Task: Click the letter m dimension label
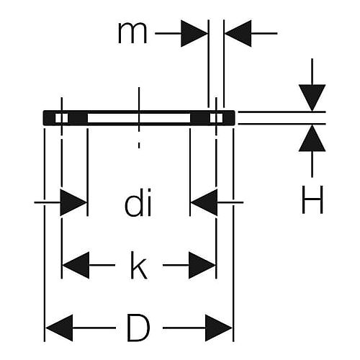click(x=132, y=34)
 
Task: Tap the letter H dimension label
click(x=312, y=199)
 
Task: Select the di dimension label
click(x=138, y=203)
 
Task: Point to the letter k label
click(x=139, y=265)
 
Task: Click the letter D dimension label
click(x=138, y=328)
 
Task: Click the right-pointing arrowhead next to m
click(x=194, y=33)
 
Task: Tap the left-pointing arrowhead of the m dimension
click(x=238, y=33)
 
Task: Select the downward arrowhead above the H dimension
click(x=312, y=98)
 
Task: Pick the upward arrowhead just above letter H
click(x=312, y=138)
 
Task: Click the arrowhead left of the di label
click(x=73, y=202)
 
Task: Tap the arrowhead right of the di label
click(x=204, y=202)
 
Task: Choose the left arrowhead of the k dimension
click(x=76, y=265)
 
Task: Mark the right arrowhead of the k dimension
click(x=202, y=265)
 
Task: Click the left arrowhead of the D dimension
click(x=59, y=328)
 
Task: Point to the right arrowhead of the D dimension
click(x=219, y=328)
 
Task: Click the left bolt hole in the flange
click(x=62, y=118)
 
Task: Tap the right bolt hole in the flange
click(x=216, y=118)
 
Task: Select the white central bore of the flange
click(x=139, y=118)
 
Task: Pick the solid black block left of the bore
click(x=78, y=118)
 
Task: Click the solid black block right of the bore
click(x=200, y=118)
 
